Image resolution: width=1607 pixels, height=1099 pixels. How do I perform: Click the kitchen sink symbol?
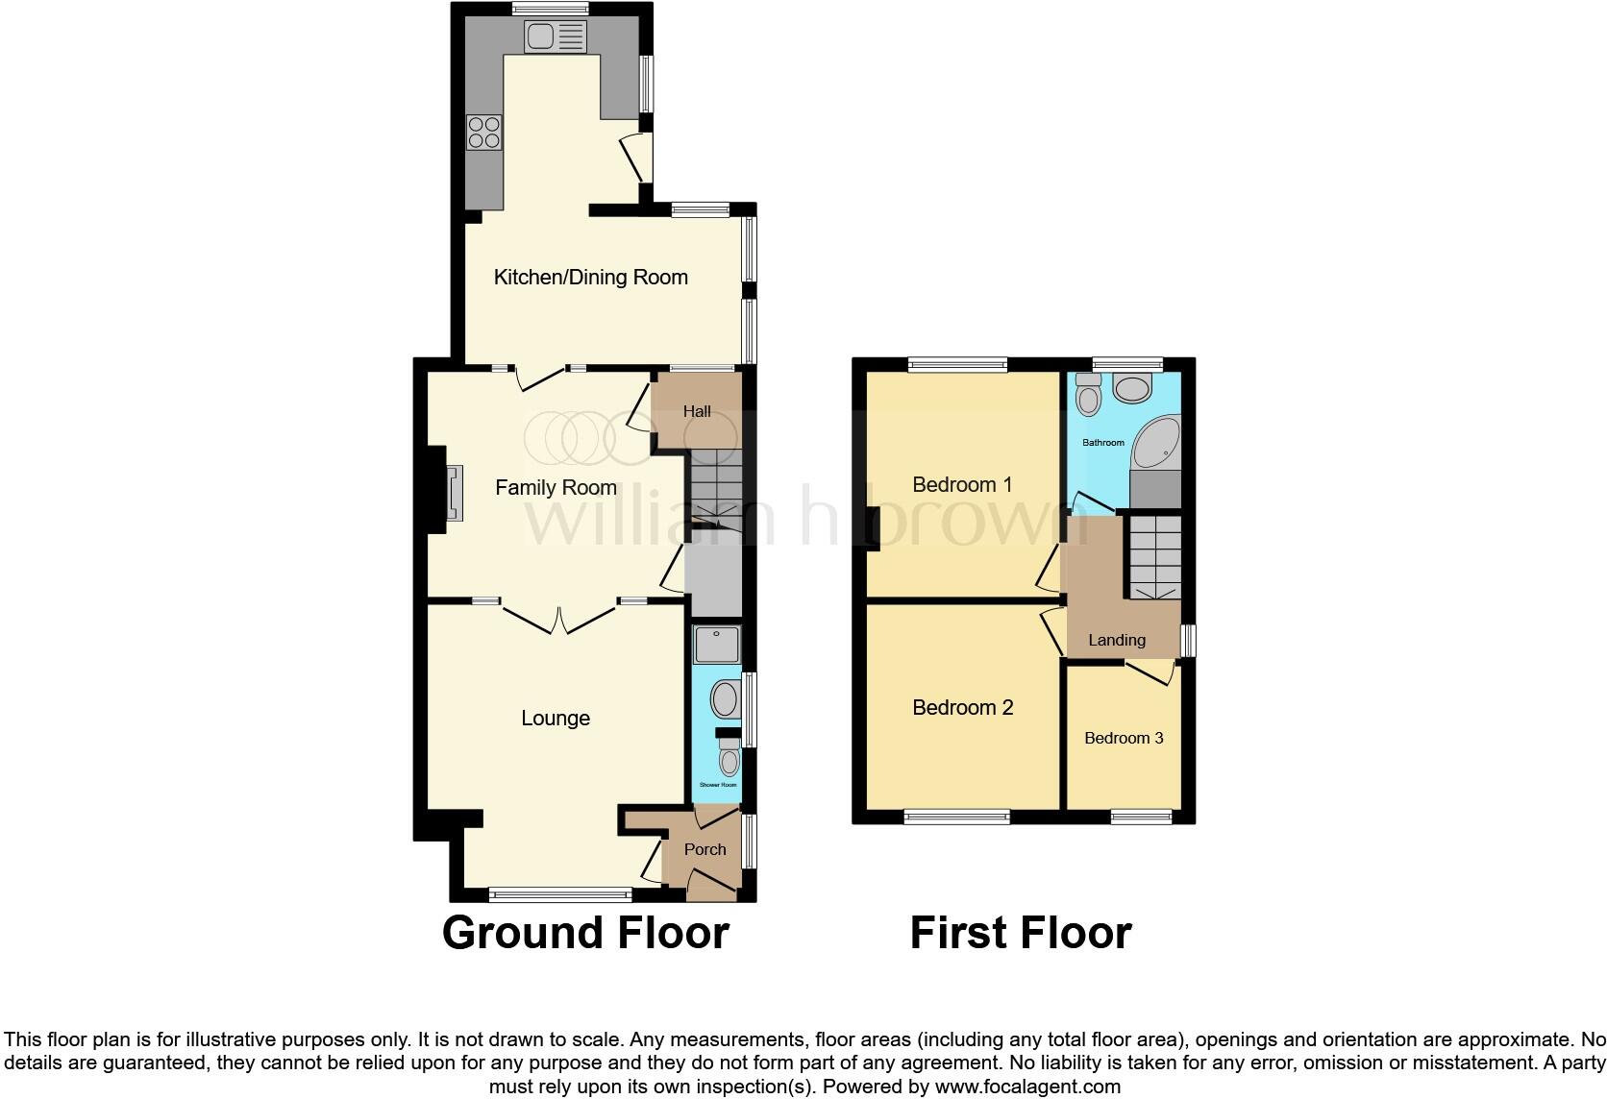click(x=555, y=37)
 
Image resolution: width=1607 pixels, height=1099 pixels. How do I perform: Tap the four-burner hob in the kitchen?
click(x=483, y=132)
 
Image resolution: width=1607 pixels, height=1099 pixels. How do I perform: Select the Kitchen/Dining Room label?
click(x=590, y=278)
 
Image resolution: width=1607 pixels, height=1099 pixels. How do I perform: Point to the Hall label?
click(x=697, y=411)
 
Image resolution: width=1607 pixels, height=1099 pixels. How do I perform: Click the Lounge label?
click(x=556, y=719)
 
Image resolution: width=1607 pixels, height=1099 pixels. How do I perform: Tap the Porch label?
click(x=705, y=849)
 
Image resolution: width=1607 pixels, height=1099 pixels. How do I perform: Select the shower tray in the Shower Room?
click(x=717, y=645)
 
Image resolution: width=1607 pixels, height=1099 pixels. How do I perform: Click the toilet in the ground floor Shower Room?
click(x=729, y=756)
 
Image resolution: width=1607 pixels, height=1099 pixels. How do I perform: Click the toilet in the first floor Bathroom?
click(x=1088, y=395)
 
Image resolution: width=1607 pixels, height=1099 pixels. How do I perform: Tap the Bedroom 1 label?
click(x=962, y=485)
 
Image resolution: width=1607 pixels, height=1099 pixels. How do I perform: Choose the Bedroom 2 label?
click(x=962, y=708)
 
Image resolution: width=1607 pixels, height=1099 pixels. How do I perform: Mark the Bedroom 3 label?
click(x=1124, y=738)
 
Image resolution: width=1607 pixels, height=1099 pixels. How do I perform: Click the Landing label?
click(x=1116, y=640)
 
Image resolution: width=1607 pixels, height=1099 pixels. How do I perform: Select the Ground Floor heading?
click(x=585, y=933)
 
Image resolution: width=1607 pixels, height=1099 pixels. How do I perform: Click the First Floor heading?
click(x=1021, y=933)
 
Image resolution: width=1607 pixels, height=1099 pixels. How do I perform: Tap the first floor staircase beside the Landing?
click(x=1154, y=558)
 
